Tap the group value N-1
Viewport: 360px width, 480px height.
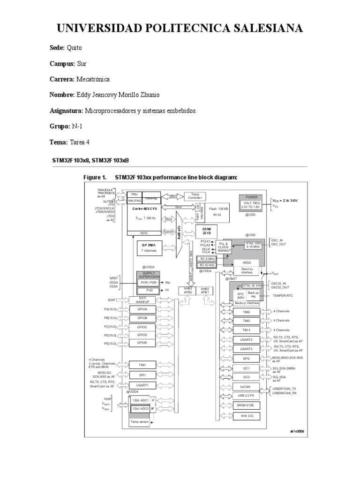pos(78,127)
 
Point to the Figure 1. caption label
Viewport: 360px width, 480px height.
pos(95,177)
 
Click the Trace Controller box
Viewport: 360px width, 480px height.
pos(195,196)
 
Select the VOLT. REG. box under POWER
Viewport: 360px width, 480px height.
pos(251,204)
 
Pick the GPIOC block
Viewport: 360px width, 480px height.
pos(143,326)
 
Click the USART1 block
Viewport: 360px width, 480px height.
pos(143,385)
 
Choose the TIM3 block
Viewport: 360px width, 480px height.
pos(246,321)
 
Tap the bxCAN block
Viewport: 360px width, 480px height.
pos(246,387)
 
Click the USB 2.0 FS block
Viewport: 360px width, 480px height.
pos(246,396)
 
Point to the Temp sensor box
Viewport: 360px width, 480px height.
pos(140,422)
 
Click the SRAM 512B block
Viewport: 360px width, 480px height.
pos(246,405)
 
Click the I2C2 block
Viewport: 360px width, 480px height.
pos(246,377)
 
